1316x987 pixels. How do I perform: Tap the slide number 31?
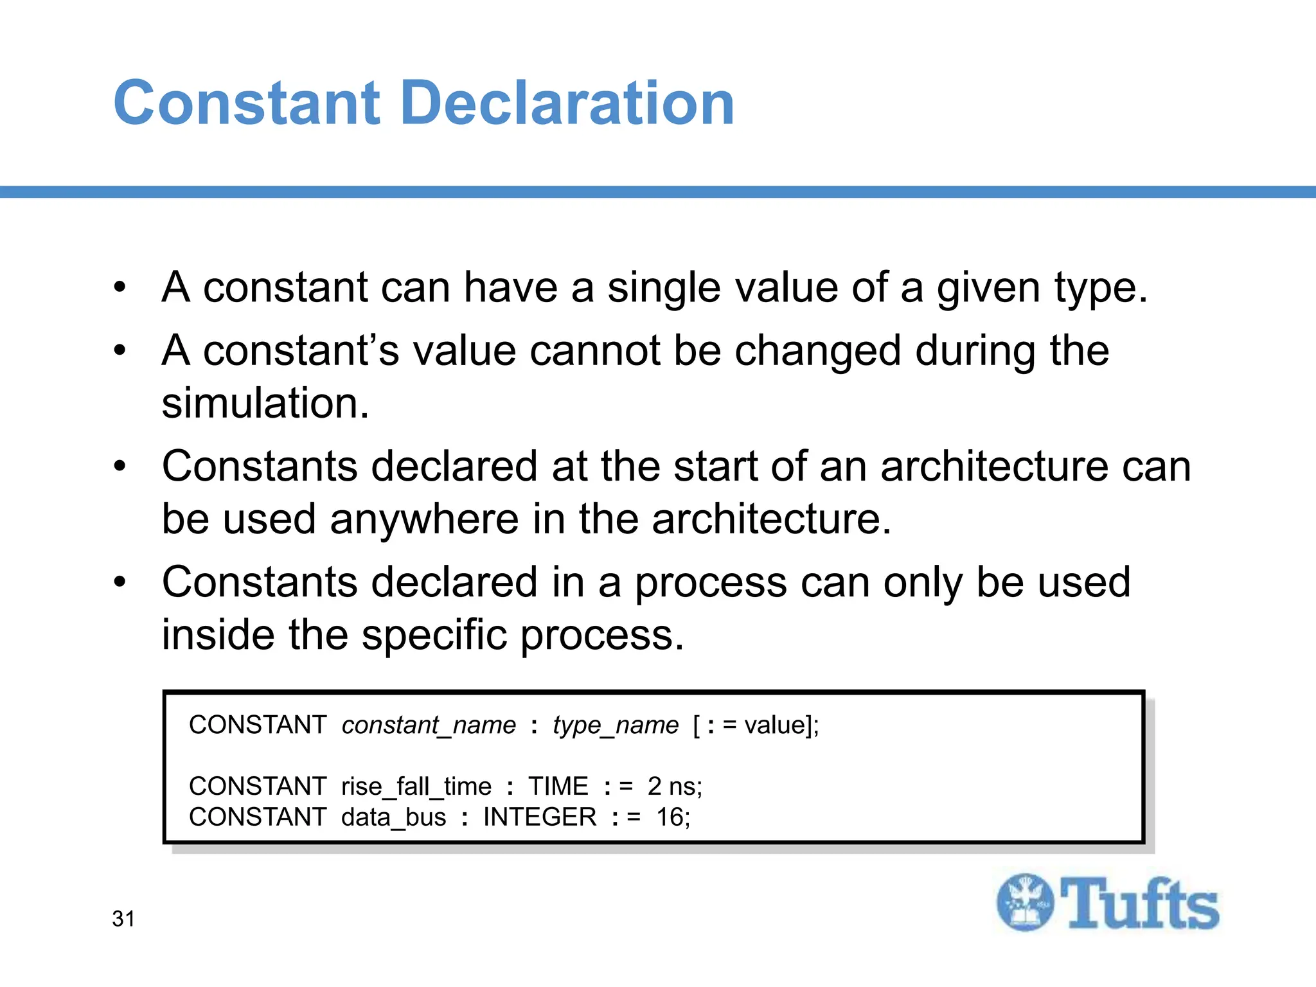coord(123,919)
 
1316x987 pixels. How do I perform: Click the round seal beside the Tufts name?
coord(1026,902)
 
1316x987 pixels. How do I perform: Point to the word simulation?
coord(265,404)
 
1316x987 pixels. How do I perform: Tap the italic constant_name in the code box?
coord(429,725)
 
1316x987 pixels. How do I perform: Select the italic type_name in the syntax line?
coord(615,725)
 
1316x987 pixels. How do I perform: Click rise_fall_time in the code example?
coord(416,787)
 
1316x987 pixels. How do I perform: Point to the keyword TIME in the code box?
coord(558,787)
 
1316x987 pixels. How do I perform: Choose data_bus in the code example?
coord(393,817)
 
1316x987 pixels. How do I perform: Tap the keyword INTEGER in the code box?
coord(540,817)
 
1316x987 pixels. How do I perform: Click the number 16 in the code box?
coord(670,817)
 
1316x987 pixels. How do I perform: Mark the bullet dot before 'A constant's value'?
coord(120,351)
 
